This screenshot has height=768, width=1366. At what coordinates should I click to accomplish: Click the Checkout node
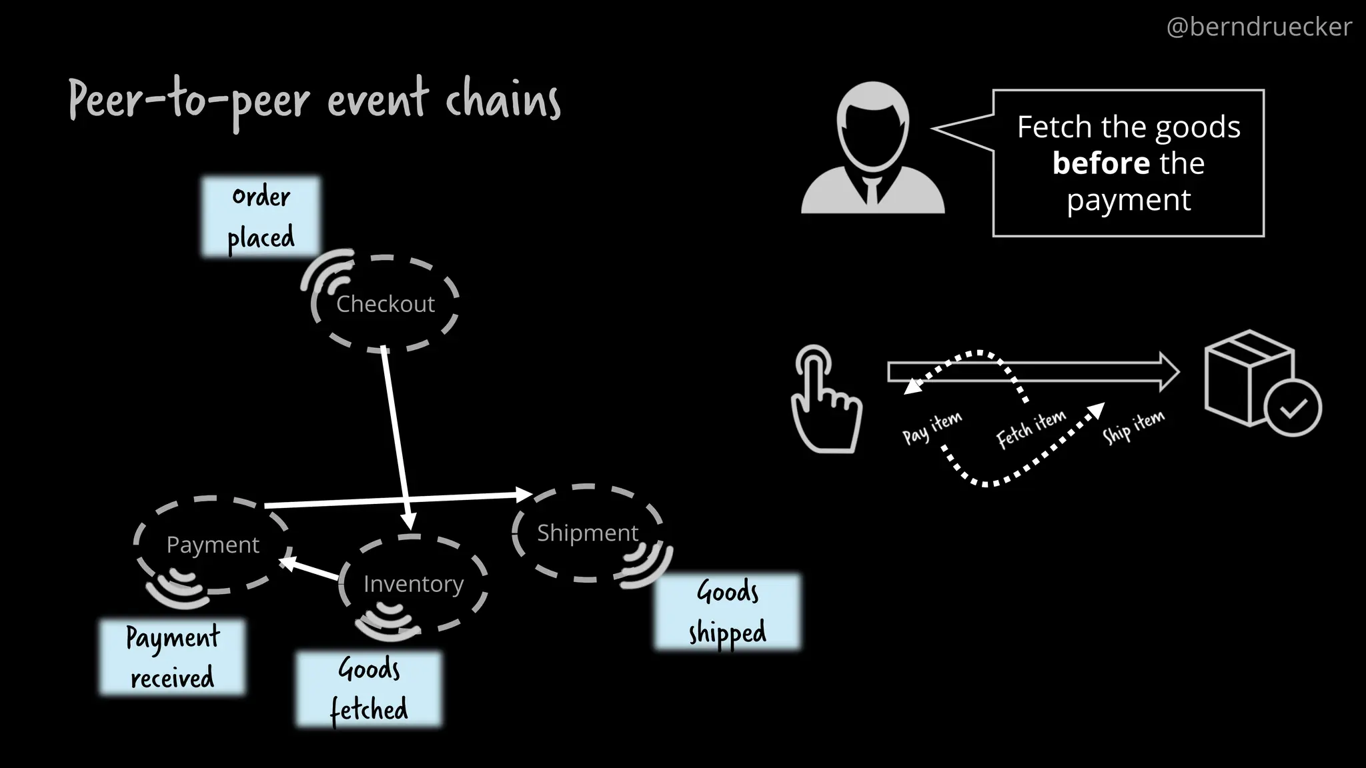pyautogui.click(x=386, y=304)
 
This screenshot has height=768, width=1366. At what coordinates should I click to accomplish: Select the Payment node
pyautogui.click(x=213, y=545)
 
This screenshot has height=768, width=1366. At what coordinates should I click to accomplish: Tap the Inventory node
pyautogui.click(x=414, y=584)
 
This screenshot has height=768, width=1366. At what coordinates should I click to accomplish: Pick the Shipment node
pyautogui.click(x=588, y=533)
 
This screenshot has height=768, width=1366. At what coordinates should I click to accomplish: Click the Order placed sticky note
pyautogui.click(x=261, y=217)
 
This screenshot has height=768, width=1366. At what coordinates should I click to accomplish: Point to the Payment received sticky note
pyautogui.click(x=172, y=657)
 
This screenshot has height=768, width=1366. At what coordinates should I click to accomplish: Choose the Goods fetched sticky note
pyautogui.click(x=369, y=689)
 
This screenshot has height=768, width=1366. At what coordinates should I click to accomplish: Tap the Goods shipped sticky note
pyautogui.click(x=727, y=611)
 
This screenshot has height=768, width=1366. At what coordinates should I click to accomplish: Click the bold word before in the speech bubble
pyautogui.click(x=1101, y=163)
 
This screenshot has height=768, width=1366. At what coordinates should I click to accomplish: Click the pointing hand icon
pyautogui.click(x=824, y=400)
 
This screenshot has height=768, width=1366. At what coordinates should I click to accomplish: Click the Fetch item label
pyautogui.click(x=1031, y=429)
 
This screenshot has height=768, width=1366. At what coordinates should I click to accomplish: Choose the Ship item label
pyautogui.click(x=1133, y=427)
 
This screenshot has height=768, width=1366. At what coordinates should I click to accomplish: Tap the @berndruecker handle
pyautogui.click(x=1259, y=27)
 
